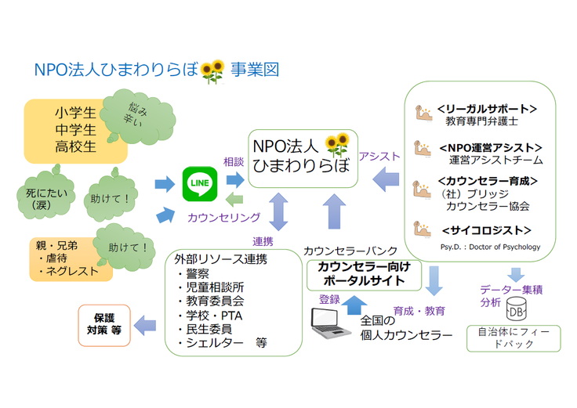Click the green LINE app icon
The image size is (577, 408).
pos(199,183)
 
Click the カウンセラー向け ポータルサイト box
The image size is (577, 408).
pos(365,275)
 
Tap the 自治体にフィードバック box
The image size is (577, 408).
pos(514,338)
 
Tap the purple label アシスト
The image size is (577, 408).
pos(379,157)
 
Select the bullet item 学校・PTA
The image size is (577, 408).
pos(209,316)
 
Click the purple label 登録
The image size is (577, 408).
pos(328,298)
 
